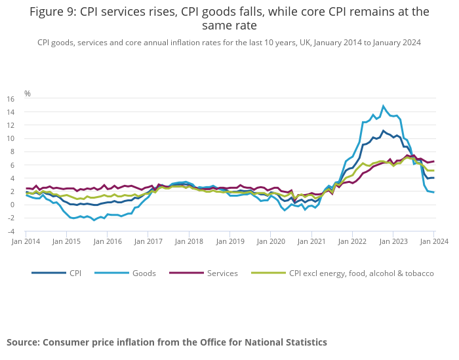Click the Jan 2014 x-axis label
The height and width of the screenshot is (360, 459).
[26, 241]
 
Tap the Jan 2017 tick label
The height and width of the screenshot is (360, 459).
[148, 241]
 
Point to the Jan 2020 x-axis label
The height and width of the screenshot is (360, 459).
[270, 241]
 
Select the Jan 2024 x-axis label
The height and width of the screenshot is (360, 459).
[433, 241]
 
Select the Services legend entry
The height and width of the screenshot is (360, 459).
[222, 273]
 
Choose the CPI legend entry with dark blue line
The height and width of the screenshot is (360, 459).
[75, 273]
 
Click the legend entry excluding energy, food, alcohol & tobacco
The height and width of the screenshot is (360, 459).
[361, 273]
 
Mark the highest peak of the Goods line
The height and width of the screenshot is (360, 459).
[384, 106]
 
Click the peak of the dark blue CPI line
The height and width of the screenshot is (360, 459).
[384, 130]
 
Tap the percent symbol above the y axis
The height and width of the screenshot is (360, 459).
[28, 94]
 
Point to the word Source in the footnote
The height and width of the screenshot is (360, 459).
[24, 342]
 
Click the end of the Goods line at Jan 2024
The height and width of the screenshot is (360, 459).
[433, 192]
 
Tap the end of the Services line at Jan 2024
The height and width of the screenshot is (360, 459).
[433, 161]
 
